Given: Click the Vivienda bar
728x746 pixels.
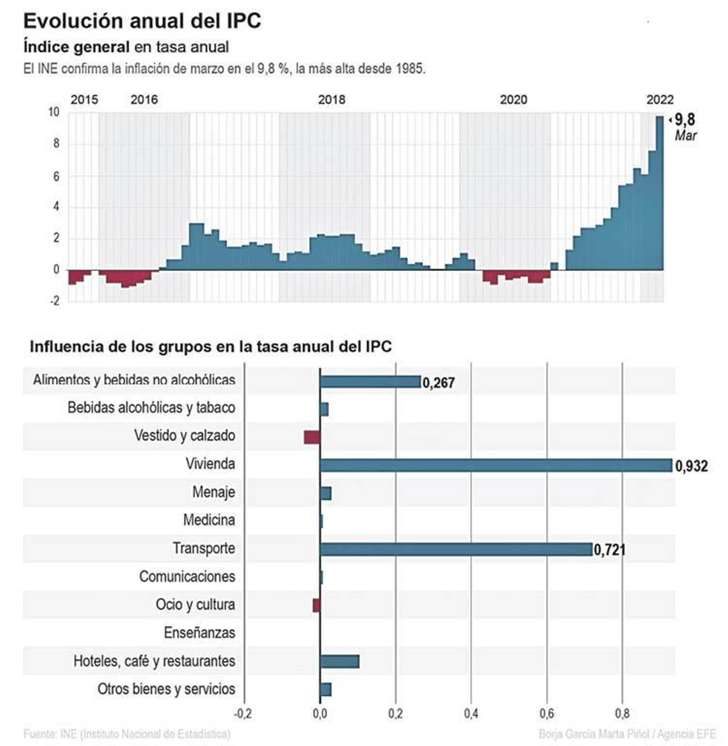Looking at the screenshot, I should point(496,465).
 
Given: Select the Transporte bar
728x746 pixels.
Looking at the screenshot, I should point(456,549).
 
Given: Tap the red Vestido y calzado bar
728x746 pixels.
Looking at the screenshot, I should point(312,437).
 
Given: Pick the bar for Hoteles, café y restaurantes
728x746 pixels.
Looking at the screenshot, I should point(339,661).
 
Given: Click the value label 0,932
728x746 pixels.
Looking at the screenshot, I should point(691,466).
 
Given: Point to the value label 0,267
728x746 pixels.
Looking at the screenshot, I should point(438,383).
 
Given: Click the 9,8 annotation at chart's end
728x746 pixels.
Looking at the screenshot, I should point(684,120).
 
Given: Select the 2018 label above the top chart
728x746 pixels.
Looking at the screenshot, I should point(331,99).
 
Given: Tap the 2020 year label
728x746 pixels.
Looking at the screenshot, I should point(513,99).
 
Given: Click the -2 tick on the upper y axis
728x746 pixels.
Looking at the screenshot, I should point(55,301).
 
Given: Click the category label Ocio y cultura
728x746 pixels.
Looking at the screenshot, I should point(195,604).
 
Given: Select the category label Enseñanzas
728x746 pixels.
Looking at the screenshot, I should point(199,633).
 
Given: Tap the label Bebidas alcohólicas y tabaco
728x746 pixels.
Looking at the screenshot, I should point(151,407).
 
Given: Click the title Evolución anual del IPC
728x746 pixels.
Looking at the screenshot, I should point(142,21).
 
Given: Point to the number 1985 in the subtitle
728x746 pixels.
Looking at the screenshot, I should point(409,69).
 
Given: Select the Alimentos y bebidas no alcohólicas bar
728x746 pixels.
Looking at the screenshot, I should point(370,382).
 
